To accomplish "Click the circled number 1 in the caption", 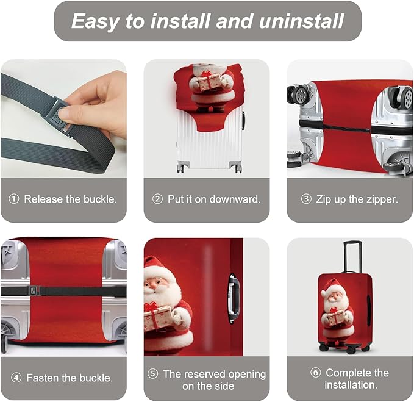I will (14, 199).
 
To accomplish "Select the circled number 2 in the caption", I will (157, 199).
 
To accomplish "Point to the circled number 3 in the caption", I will (306, 199).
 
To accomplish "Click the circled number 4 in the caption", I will (16, 378).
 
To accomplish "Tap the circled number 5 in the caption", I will (152, 374).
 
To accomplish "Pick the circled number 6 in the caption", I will (315, 373).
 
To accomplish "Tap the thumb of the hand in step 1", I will (79, 113).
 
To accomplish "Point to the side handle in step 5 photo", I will (233, 297).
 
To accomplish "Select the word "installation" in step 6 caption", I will (350, 385).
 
